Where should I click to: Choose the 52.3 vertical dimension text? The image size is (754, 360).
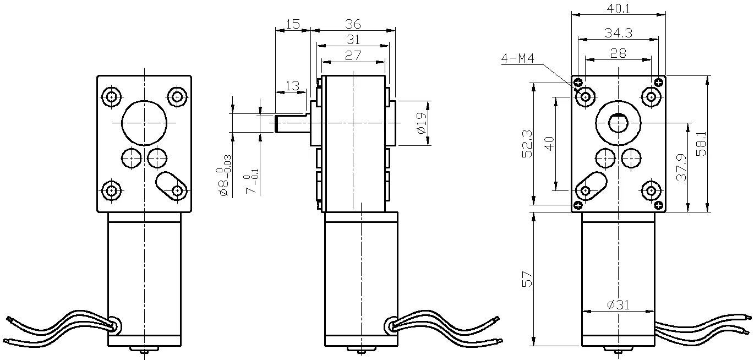point(527,144)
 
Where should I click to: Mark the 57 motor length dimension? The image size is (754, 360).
point(527,280)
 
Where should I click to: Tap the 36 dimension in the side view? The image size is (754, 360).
point(353,24)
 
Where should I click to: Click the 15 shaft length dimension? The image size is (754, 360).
point(293,24)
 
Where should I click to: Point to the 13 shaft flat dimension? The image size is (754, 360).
point(293,85)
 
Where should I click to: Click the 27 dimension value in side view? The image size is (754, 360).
point(353,55)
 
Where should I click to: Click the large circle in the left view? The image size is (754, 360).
point(144,122)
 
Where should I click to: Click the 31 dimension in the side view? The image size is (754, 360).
point(353,40)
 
